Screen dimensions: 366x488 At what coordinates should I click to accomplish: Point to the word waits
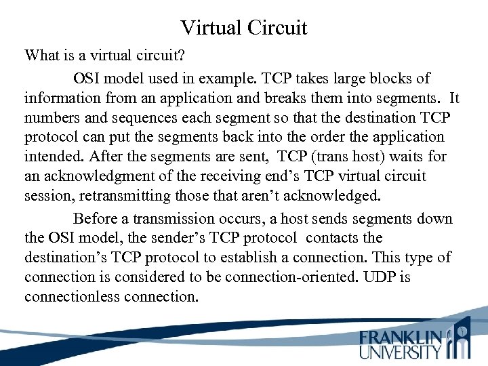point(409,157)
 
